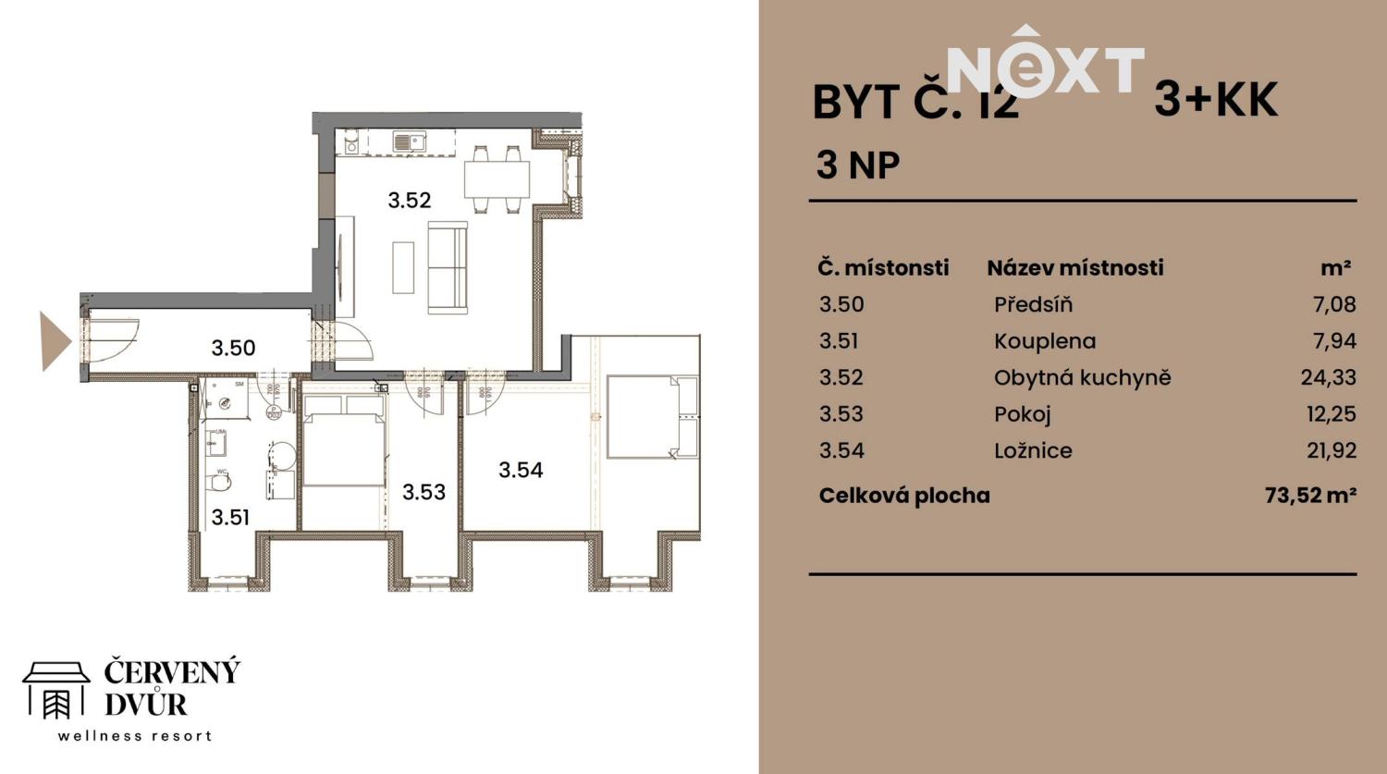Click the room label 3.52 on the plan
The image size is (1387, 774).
(x=409, y=200)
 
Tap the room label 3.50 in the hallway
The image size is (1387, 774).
(x=233, y=348)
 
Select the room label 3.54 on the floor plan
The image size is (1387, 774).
(x=521, y=470)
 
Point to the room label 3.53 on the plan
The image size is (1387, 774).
(x=423, y=492)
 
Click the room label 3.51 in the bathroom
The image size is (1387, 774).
(x=230, y=517)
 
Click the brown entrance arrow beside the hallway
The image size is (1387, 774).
(x=54, y=341)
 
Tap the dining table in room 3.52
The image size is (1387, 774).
(x=497, y=178)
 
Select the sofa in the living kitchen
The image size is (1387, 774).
(x=447, y=268)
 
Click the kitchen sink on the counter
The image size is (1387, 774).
(x=408, y=141)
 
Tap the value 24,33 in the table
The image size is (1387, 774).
(x=1328, y=377)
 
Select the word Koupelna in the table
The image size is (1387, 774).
(x=1045, y=341)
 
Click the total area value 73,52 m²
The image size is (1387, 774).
(x=1309, y=496)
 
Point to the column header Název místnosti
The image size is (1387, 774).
(x=1074, y=268)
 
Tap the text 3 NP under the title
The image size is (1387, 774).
(x=857, y=166)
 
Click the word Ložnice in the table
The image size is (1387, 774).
(x=1033, y=451)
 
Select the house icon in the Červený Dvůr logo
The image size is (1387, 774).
(x=55, y=690)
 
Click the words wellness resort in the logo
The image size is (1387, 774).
(x=135, y=736)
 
